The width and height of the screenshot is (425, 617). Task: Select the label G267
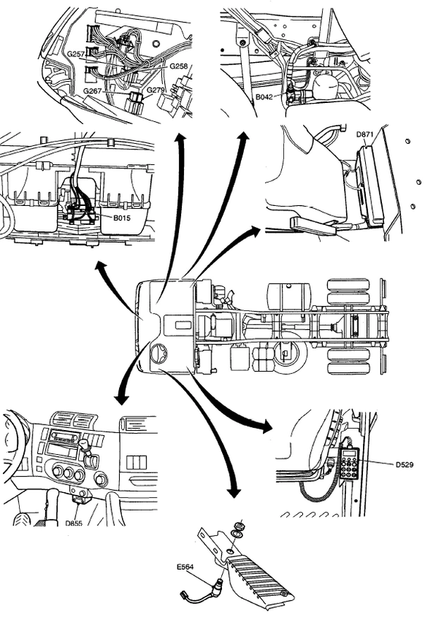92,91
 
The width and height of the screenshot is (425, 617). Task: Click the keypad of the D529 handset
349,466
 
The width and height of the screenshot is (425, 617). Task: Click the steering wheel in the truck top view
159,353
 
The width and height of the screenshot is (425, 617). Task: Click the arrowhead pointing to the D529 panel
264,427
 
